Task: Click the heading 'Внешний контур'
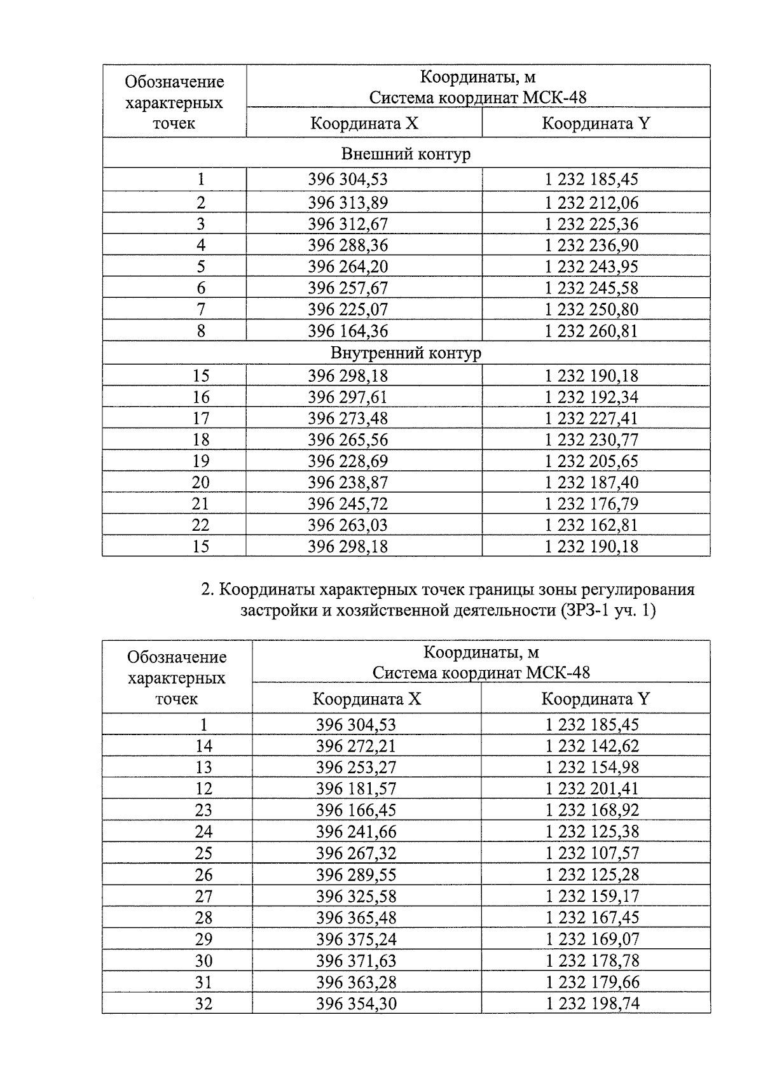[406, 154]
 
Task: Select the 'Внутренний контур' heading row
[406, 353]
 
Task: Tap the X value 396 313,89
[348, 203]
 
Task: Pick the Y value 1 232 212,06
[591, 203]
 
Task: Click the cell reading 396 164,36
[348, 331]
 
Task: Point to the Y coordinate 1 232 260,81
[591, 331]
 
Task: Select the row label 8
[201, 331]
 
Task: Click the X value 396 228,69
[348, 461]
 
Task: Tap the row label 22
[201, 526]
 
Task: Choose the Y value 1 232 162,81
[591, 526]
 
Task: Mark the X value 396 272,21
[356, 746]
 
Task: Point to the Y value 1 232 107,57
[592, 853]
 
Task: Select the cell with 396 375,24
[356, 939]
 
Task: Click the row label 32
[203, 1004]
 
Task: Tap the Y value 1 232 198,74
[592, 1004]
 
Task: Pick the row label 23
[203, 810]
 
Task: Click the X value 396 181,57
[356, 789]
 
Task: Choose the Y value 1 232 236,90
[591, 246]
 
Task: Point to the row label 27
[203, 896]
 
